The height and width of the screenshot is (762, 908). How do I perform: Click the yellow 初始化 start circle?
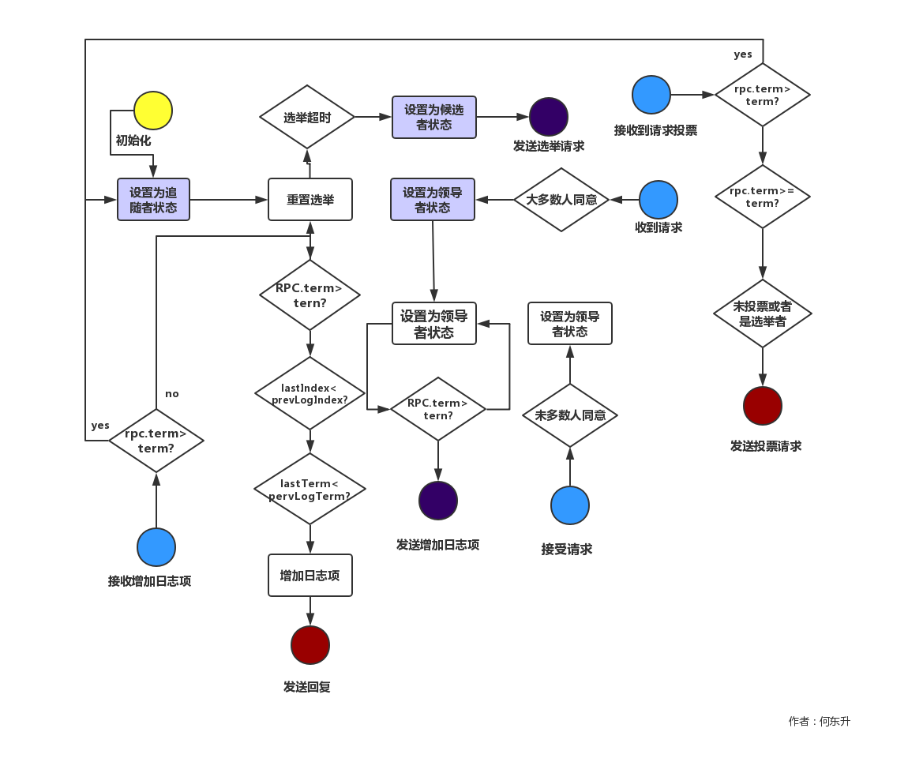[153, 111]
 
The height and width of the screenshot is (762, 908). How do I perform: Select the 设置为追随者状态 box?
[153, 200]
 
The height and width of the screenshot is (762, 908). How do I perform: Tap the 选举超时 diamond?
[307, 117]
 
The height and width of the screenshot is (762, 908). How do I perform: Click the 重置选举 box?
[310, 200]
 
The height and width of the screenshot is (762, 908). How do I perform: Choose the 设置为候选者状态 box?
[434, 117]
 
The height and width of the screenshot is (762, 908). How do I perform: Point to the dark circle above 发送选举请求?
[549, 117]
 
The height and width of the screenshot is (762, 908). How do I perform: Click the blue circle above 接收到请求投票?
[651, 95]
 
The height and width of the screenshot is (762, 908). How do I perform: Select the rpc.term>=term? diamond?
[763, 197]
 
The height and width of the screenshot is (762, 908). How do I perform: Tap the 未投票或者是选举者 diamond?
[763, 313]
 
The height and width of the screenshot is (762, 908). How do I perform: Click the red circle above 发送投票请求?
[763, 406]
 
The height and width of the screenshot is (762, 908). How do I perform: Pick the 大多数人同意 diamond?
[561, 200]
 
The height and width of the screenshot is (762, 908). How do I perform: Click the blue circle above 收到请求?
[658, 200]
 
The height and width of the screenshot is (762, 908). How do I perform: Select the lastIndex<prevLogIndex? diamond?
[310, 392]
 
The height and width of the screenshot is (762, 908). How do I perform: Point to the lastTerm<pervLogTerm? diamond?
[310, 489]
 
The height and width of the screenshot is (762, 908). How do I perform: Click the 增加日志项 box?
[310, 575]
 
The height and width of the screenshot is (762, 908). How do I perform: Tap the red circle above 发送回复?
[310, 645]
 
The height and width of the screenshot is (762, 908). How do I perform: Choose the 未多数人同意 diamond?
[570, 415]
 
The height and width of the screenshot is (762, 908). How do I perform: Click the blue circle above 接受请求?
[570, 505]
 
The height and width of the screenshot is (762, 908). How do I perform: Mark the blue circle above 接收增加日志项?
[156, 547]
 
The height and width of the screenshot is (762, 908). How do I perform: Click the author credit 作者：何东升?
[819, 721]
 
